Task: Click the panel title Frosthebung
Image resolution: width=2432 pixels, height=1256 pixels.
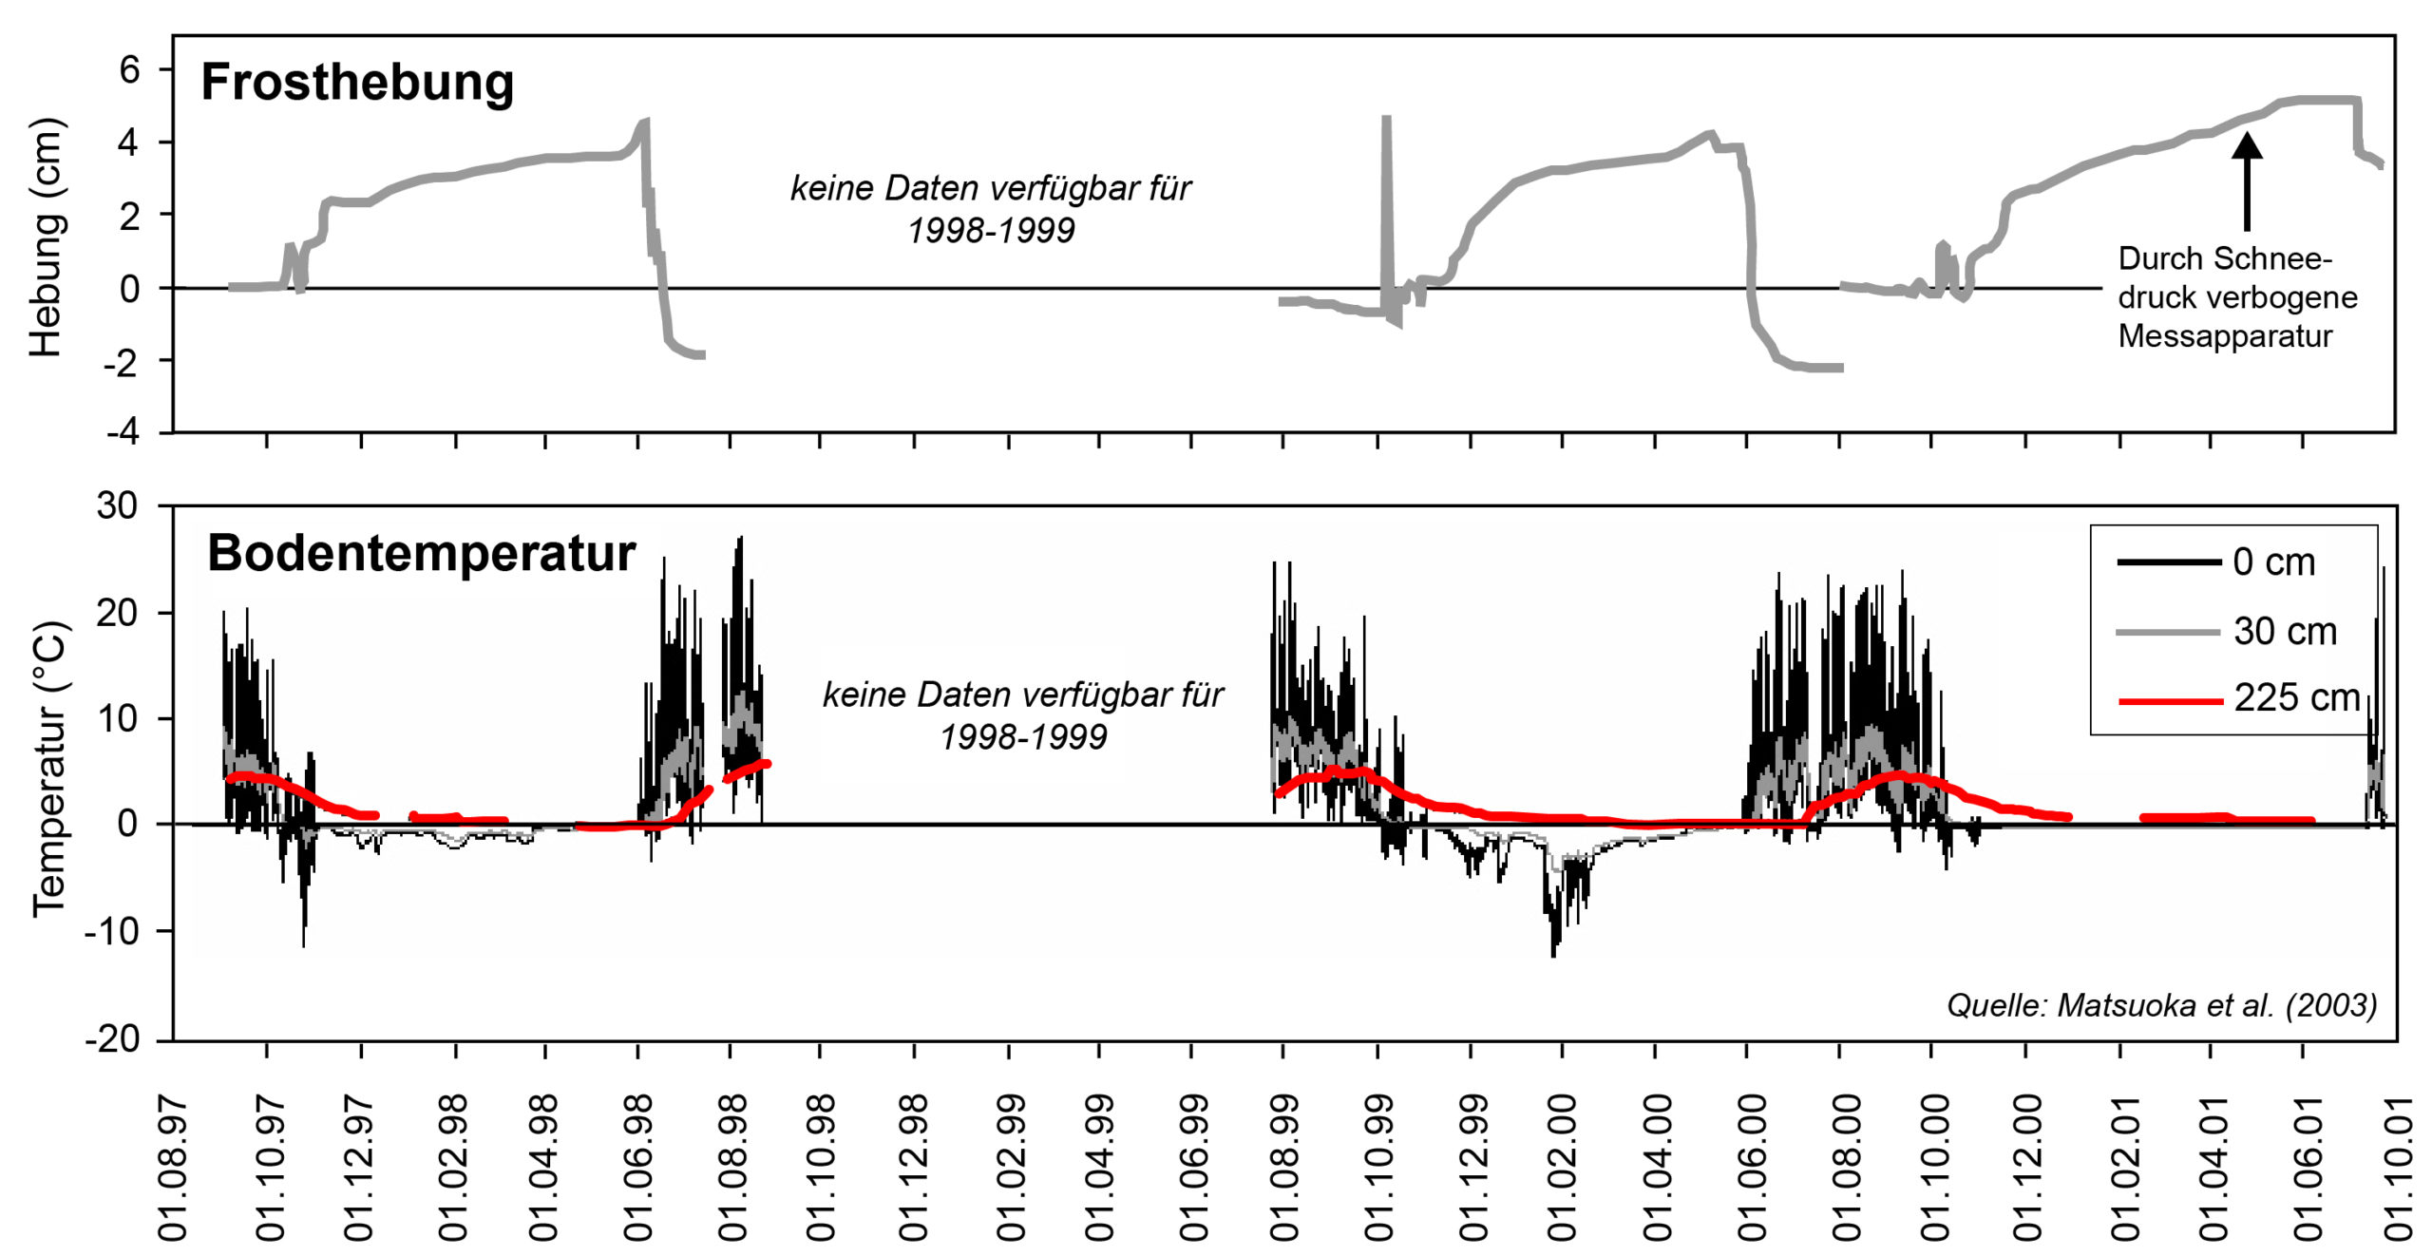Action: click(357, 83)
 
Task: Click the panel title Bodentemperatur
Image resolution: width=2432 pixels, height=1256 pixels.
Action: click(421, 554)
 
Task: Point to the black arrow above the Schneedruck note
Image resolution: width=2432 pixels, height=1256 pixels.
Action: click(2247, 181)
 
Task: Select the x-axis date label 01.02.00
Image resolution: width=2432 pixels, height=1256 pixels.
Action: click(1563, 1168)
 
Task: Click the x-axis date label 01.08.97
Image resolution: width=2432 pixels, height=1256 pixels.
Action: click(173, 1168)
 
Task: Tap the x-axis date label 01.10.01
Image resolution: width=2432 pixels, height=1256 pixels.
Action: click(2397, 1168)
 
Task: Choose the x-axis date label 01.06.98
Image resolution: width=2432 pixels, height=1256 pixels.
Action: click(638, 1168)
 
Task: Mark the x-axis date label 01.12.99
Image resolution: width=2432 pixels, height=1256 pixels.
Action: click(1472, 1168)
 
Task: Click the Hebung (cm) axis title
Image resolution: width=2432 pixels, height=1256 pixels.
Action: click(46, 238)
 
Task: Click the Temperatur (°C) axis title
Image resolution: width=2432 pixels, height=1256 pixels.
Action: click(49, 770)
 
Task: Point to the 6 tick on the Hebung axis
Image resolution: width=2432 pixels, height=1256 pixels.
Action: click(129, 69)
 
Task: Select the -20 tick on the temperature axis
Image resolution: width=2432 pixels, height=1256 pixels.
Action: click(112, 1039)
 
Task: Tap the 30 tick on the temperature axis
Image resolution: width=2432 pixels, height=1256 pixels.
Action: click(118, 505)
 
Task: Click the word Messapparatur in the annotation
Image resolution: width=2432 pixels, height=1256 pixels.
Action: click(2225, 336)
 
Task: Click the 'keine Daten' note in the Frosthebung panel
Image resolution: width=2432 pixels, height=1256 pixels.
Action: click(991, 209)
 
